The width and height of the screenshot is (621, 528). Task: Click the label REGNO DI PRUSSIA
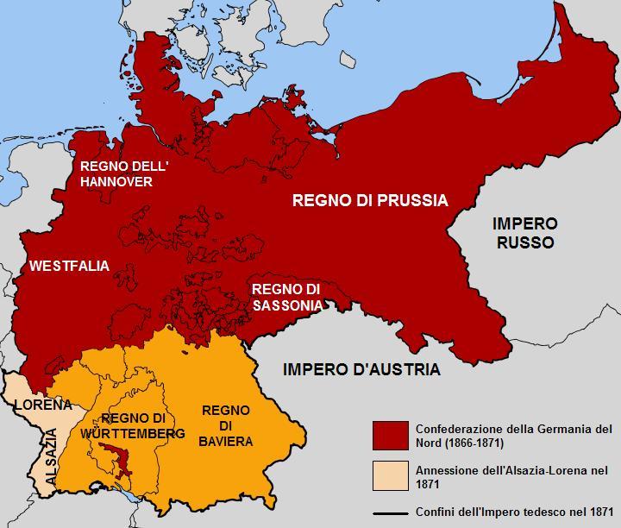pos(370,201)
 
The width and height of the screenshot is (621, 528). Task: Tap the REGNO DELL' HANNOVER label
pos(116,173)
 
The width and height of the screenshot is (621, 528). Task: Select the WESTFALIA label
pos(69,266)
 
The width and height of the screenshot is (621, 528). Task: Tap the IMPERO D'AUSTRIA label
pos(361,369)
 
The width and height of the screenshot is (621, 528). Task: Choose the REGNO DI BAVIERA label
pos(226,425)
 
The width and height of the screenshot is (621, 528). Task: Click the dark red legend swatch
pos(390,436)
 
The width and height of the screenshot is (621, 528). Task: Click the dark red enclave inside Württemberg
pos(117,456)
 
